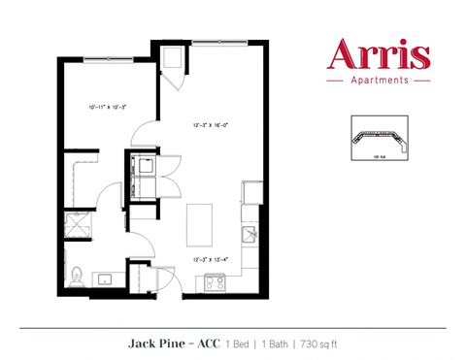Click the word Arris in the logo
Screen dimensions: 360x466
[378, 54]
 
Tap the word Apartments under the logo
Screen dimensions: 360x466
[379, 82]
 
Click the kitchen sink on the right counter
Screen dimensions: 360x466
[249, 234]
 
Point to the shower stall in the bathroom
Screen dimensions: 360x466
[77, 225]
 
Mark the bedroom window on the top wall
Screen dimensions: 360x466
[108, 61]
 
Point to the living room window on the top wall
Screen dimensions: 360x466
[218, 42]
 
